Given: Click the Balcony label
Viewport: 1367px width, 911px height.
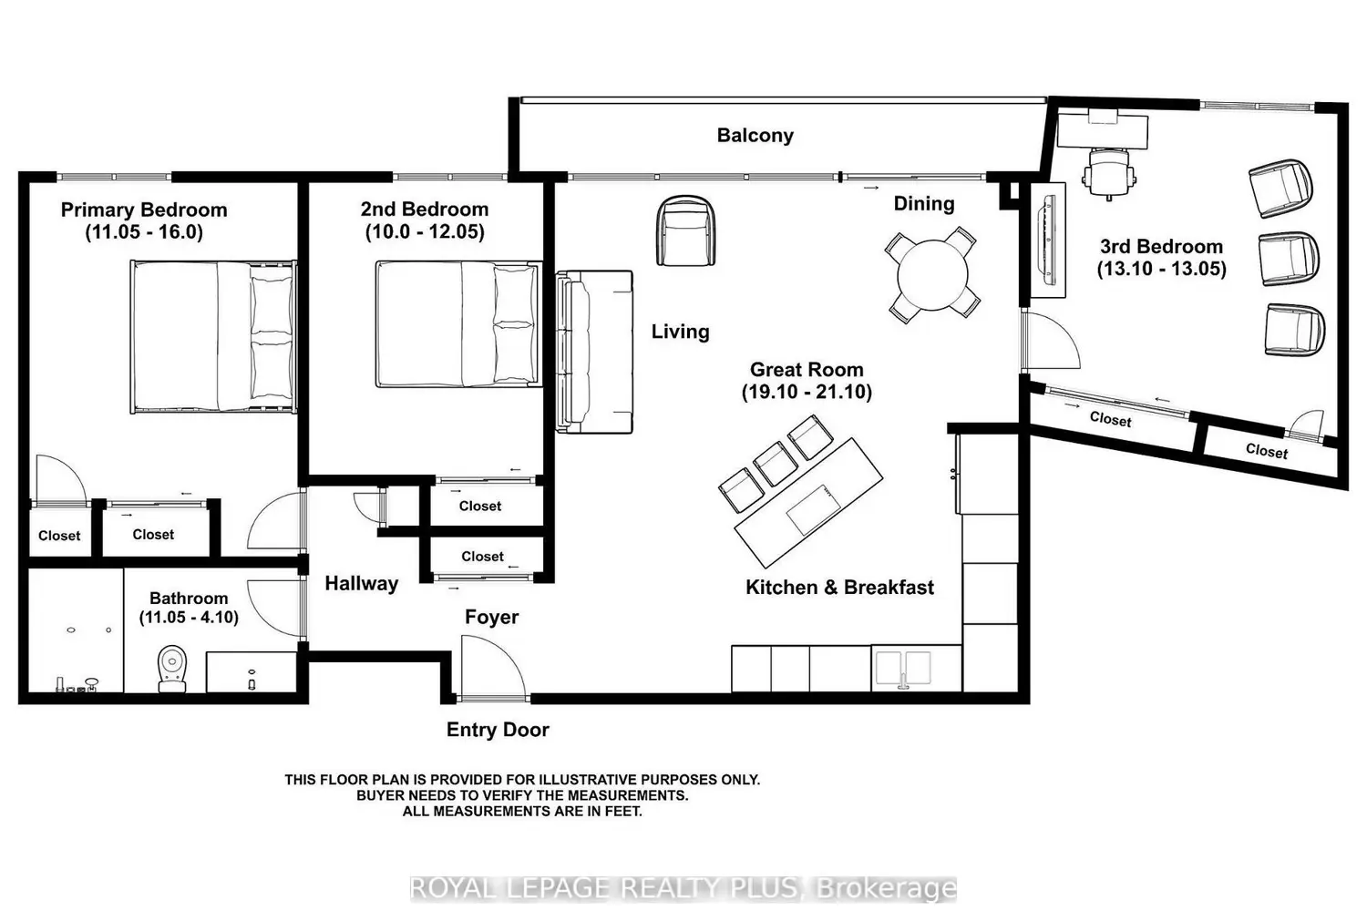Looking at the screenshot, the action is tap(755, 136).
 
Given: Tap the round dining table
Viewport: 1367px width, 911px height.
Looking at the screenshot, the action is tap(932, 275).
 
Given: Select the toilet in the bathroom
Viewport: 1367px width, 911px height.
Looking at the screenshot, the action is tap(172, 668).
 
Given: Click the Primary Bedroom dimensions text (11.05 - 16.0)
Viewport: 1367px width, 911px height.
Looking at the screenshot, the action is tap(144, 232).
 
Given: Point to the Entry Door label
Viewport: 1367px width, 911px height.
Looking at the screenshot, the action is tap(498, 729).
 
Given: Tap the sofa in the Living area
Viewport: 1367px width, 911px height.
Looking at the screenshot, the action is tap(594, 352).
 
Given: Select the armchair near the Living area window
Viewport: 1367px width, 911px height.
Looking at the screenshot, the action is tap(685, 230).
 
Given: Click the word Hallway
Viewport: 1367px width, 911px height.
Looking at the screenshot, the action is tap(361, 583).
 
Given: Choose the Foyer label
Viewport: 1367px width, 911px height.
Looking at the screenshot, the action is tap(491, 617).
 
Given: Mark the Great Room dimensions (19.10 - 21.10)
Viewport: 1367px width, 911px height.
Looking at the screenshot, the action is tap(807, 392).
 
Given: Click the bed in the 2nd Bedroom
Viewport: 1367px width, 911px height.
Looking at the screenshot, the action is tap(458, 324).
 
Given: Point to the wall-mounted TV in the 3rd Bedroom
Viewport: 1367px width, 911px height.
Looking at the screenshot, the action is tap(1049, 240).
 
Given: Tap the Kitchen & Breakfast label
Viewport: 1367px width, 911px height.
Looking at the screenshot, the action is tap(839, 587).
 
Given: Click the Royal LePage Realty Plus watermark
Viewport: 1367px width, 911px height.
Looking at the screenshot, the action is tap(683, 888).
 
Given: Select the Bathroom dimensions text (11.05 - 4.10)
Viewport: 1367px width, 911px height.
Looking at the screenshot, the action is tap(189, 618).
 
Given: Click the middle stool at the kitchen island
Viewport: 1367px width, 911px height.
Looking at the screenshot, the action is tap(775, 464).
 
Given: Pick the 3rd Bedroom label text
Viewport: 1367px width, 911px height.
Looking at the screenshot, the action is tap(1161, 247).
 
